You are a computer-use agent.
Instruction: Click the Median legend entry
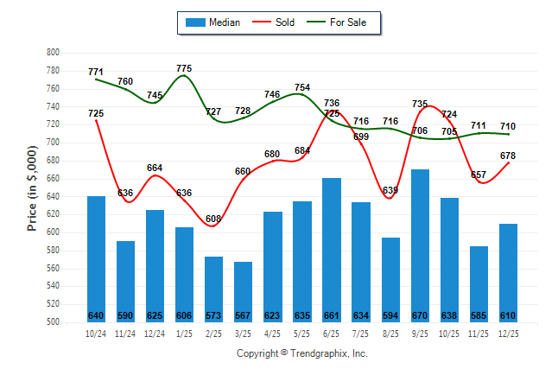pyautogui.click(x=212, y=22)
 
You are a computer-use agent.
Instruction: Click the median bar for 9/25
pyautogui.click(x=420, y=245)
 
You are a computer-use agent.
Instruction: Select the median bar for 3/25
pyautogui.click(x=243, y=291)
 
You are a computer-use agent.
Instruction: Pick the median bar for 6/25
pyautogui.click(x=332, y=250)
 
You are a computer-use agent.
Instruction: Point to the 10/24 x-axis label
pyautogui.click(x=96, y=334)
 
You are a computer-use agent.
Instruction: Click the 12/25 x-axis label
pyautogui.click(x=508, y=334)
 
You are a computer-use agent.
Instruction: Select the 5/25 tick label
pyautogui.click(x=302, y=334)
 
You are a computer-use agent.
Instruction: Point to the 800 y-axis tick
pyautogui.click(x=52, y=53)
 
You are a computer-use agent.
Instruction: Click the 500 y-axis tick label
pyautogui.click(x=52, y=322)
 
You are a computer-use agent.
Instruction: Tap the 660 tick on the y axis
pyautogui.click(x=52, y=179)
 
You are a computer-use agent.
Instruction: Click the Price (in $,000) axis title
pyautogui.click(x=32, y=187)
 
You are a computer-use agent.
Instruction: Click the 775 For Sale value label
pyautogui.click(x=184, y=68)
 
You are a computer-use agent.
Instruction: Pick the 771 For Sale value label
pyautogui.click(x=96, y=72)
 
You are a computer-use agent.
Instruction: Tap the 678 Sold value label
pyautogui.click(x=509, y=156)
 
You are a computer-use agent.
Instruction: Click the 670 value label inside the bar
pyautogui.click(x=420, y=315)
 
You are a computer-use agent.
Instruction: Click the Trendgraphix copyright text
pyautogui.click(x=302, y=353)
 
